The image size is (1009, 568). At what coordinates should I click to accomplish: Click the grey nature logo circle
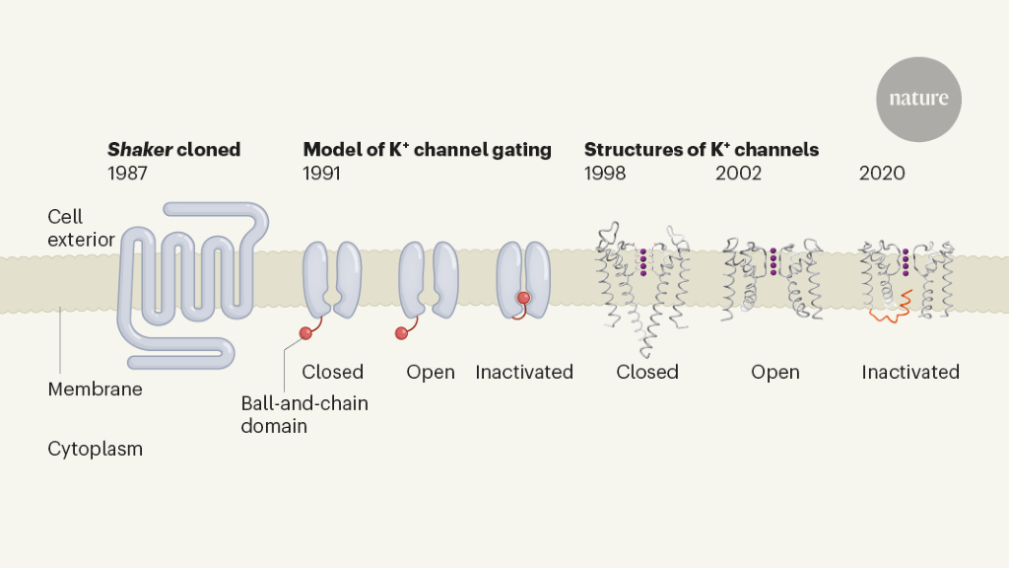click(918, 99)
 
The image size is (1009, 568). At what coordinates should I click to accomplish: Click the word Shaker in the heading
click(139, 150)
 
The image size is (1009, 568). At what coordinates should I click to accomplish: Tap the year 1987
click(128, 174)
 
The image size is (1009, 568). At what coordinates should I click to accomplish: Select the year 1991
click(321, 174)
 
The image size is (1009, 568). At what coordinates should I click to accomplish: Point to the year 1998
click(605, 174)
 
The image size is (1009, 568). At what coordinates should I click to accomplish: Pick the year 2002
click(738, 174)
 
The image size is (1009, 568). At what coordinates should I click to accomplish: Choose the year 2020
click(882, 174)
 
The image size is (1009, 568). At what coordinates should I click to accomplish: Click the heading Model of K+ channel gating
click(427, 150)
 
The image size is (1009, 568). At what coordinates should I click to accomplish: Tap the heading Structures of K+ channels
click(702, 150)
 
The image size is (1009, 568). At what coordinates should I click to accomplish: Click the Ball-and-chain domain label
click(304, 414)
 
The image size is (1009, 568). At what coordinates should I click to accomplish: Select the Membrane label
click(95, 390)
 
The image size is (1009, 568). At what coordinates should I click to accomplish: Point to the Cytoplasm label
click(95, 449)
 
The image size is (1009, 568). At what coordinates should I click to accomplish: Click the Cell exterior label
click(81, 228)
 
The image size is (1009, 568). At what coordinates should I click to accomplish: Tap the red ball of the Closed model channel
click(305, 333)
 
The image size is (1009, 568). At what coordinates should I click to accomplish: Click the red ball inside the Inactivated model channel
click(524, 298)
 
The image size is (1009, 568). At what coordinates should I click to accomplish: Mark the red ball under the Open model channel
click(401, 333)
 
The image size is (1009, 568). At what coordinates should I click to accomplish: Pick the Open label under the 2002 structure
click(774, 373)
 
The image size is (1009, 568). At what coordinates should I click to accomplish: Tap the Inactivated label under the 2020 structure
click(910, 373)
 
